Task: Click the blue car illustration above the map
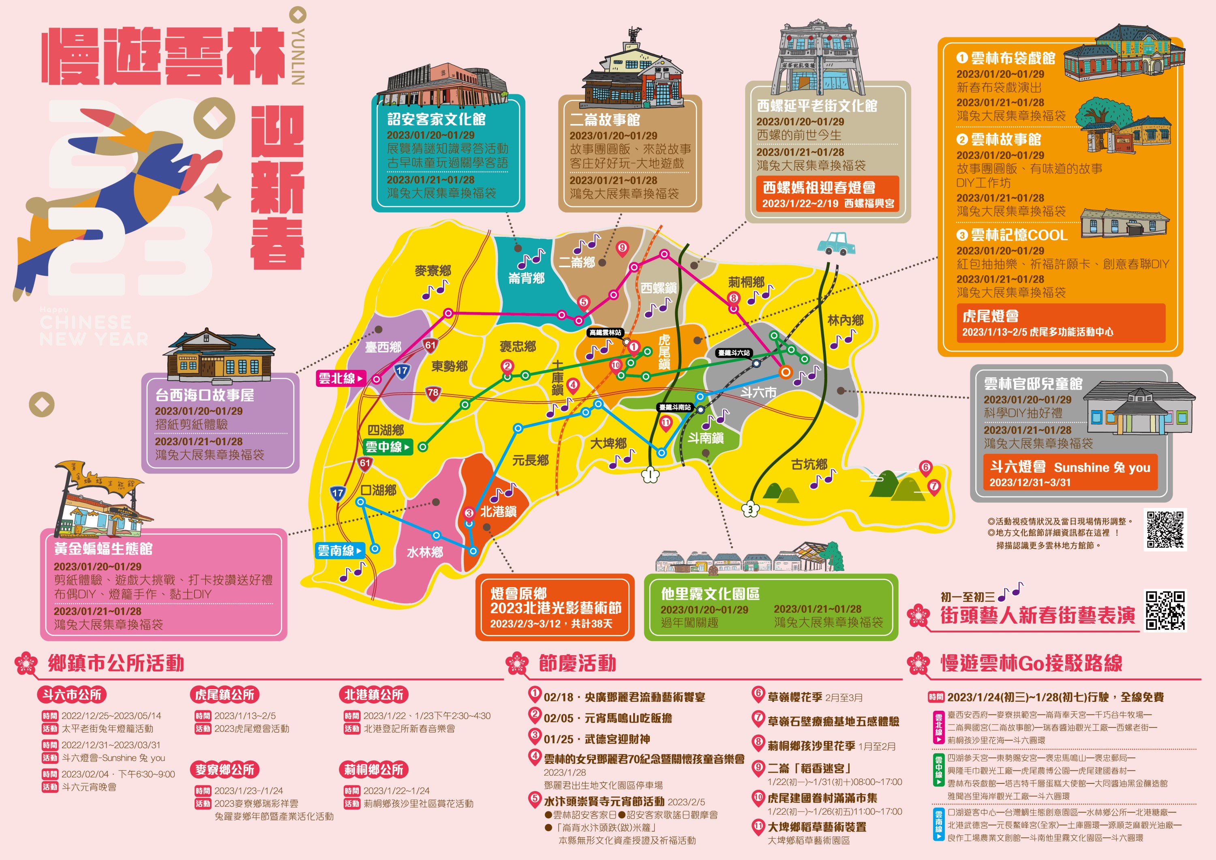[x=836, y=244]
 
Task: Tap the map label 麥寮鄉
[x=433, y=271]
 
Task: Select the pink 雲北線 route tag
[x=341, y=378]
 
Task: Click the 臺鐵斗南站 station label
[x=675, y=407]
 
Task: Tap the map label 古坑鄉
[x=809, y=465]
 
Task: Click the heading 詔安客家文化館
[x=437, y=119]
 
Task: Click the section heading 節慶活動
[x=577, y=663]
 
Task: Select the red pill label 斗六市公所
[x=72, y=695]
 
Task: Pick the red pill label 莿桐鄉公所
[x=373, y=770]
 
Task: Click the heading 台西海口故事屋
[x=204, y=395]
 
